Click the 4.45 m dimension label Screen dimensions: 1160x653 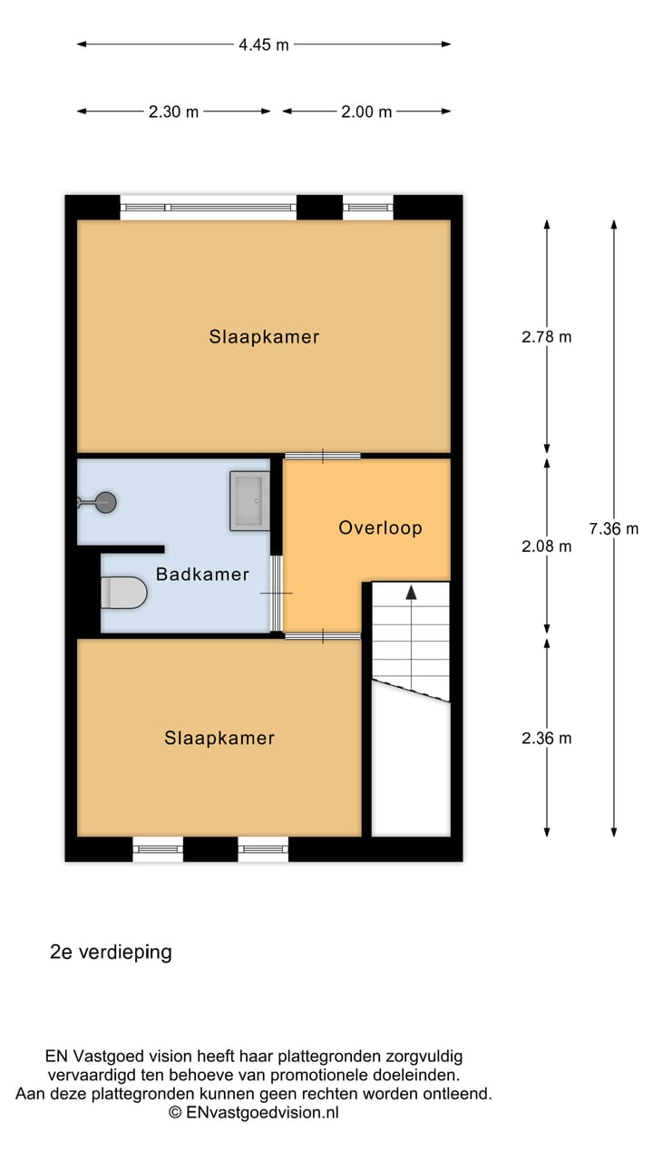tap(264, 44)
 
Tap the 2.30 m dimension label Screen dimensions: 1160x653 tap(173, 112)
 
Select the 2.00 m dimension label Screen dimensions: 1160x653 tap(366, 112)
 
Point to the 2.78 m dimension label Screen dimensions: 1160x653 tap(546, 336)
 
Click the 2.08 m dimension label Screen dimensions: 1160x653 tap(546, 546)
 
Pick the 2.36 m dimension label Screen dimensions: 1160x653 tap(546, 738)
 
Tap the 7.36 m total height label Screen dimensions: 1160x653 tap(614, 529)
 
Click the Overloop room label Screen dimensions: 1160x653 tap(380, 527)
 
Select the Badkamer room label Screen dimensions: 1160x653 tap(202, 574)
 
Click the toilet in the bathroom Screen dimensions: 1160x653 tap(123, 593)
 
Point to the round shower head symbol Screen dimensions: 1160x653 tap(106, 500)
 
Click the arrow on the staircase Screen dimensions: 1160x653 tap(411, 593)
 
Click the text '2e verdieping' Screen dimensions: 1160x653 tap(111, 952)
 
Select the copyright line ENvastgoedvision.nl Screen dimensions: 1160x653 tap(253, 1112)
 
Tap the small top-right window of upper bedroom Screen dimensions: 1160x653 tap(367, 208)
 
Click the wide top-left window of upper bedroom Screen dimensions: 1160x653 tap(209, 208)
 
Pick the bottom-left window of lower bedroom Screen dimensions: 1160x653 tap(158, 849)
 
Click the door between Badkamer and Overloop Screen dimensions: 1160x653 tap(278, 593)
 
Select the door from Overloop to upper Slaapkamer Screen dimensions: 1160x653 tap(323, 455)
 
